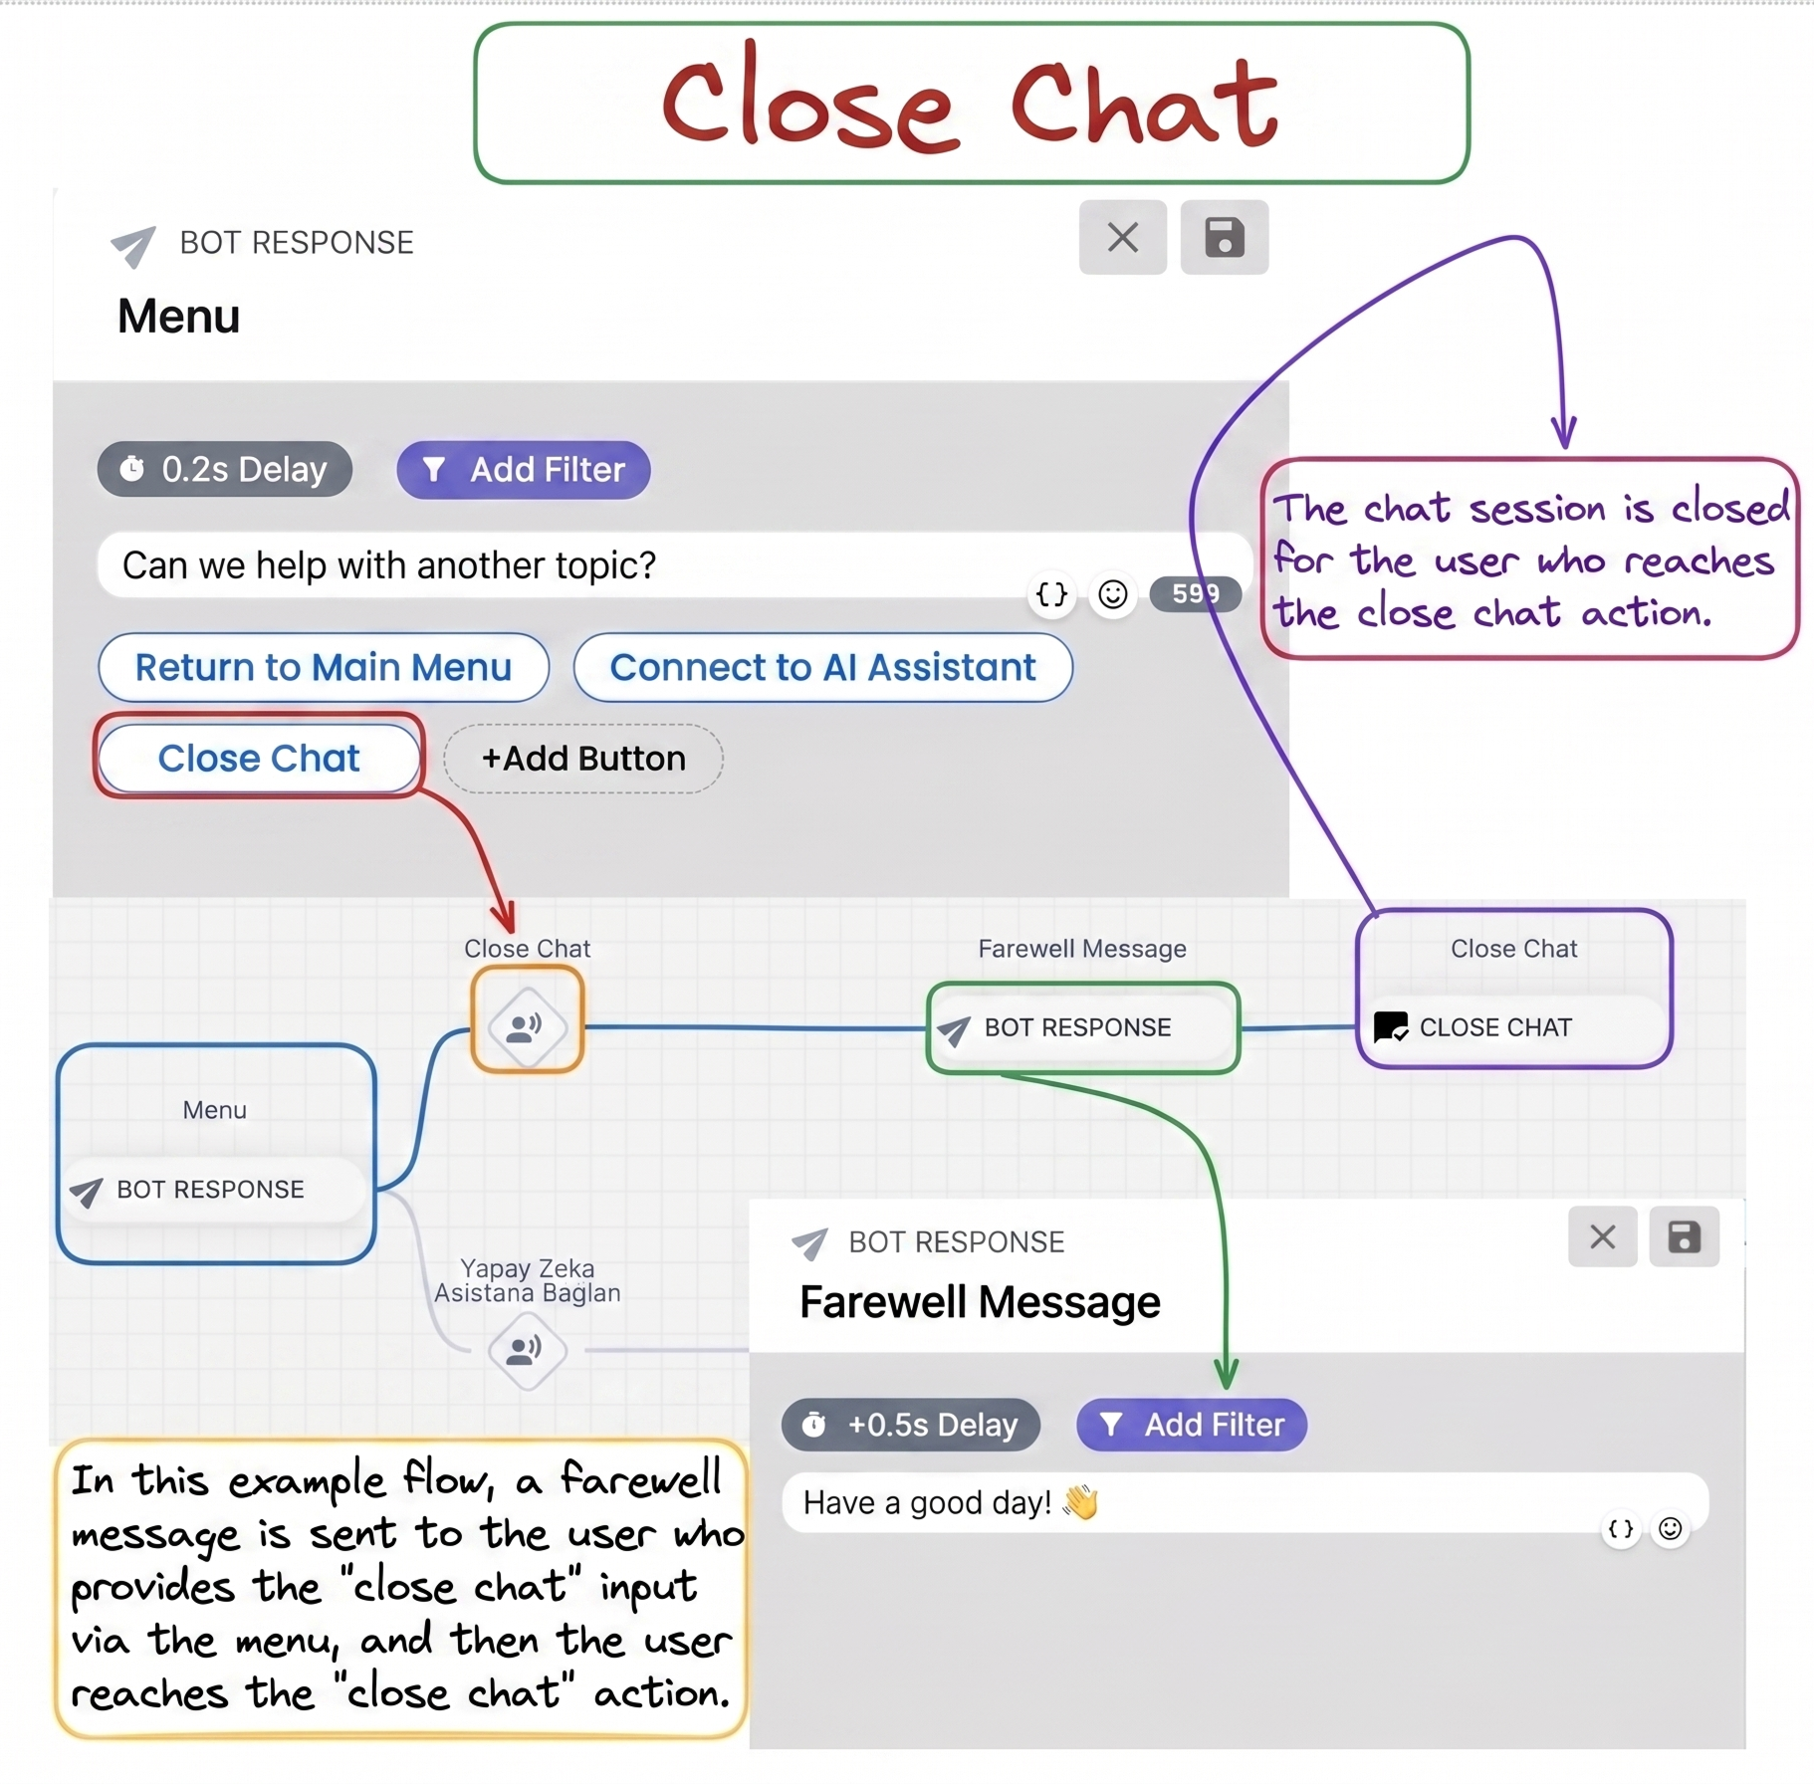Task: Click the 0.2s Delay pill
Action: [225, 469]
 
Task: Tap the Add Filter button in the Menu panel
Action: [524, 469]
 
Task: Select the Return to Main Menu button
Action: [324, 667]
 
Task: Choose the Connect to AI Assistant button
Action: [823, 667]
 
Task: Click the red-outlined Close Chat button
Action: [259, 758]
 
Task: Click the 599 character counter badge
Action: [1195, 594]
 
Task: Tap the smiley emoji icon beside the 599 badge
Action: [1113, 594]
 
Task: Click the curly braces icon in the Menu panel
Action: [1051, 594]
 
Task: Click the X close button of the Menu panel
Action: [1123, 237]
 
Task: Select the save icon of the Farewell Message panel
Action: [1684, 1237]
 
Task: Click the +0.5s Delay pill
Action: [911, 1425]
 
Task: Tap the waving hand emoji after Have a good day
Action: [1080, 1501]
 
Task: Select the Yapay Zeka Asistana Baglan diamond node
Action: [527, 1350]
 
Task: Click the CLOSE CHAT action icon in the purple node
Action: [1391, 1026]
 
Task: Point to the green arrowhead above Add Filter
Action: [1227, 1377]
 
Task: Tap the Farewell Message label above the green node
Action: [1082, 949]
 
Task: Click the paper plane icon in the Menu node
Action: [87, 1192]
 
